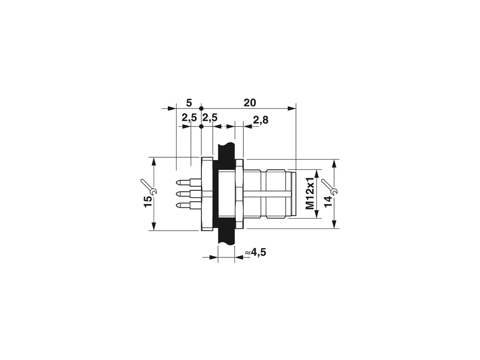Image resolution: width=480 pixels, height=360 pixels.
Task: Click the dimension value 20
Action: point(250,103)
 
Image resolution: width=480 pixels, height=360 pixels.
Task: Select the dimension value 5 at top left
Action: point(189,103)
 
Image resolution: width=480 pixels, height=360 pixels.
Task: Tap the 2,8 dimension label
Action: point(261,120)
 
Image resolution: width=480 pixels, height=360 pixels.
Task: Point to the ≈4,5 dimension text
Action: point(256,253)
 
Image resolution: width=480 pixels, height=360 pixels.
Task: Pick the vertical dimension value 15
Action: point(148,201)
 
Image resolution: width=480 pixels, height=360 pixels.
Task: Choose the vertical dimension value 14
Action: point(328,201)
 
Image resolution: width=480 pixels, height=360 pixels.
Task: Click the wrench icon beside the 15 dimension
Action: point(149,187)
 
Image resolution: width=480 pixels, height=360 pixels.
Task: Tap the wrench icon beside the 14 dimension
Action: point(329,187)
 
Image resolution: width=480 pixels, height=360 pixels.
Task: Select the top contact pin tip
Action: point(177,183)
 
